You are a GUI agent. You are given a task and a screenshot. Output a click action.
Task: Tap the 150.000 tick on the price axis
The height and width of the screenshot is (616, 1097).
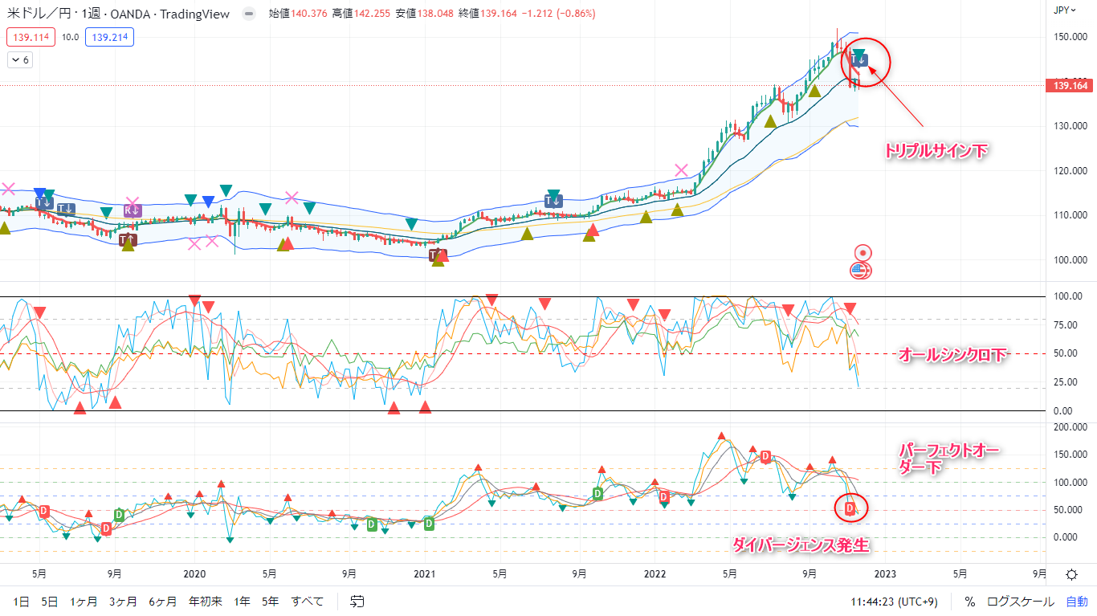(x=1070, y=37)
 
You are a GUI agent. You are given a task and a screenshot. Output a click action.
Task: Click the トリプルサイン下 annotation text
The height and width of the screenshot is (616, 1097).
(x=936, y=150)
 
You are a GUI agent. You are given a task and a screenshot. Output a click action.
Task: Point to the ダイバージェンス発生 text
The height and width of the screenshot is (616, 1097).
(x=801, y=545)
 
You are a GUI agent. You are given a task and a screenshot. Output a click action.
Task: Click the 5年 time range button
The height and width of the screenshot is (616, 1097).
(x=270, y=601)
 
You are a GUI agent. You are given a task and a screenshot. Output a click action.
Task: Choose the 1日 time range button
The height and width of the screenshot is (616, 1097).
(x=22, y=601)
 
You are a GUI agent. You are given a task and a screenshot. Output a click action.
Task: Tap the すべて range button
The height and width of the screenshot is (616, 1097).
(x=308, y=601)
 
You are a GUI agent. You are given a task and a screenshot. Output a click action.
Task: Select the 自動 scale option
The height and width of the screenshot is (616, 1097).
(x=1076, y=601)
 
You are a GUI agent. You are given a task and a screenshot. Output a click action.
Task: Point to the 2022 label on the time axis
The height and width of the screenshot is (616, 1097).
(x=655, y=574)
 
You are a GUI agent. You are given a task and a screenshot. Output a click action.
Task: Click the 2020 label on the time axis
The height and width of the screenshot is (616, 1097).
(x=194, y=574)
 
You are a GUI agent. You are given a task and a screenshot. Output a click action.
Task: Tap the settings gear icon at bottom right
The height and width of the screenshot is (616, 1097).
(x=1071, y=574)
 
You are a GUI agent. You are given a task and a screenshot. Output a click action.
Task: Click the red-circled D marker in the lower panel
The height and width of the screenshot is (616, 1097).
(x=850, y=508)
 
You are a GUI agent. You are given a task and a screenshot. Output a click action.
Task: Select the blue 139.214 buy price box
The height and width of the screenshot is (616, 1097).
(x=112, y=37)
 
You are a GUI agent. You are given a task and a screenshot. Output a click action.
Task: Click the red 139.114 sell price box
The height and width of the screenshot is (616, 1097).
(x=29, y=37)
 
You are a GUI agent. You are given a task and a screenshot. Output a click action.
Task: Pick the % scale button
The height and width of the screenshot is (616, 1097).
(x=970, y=601)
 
